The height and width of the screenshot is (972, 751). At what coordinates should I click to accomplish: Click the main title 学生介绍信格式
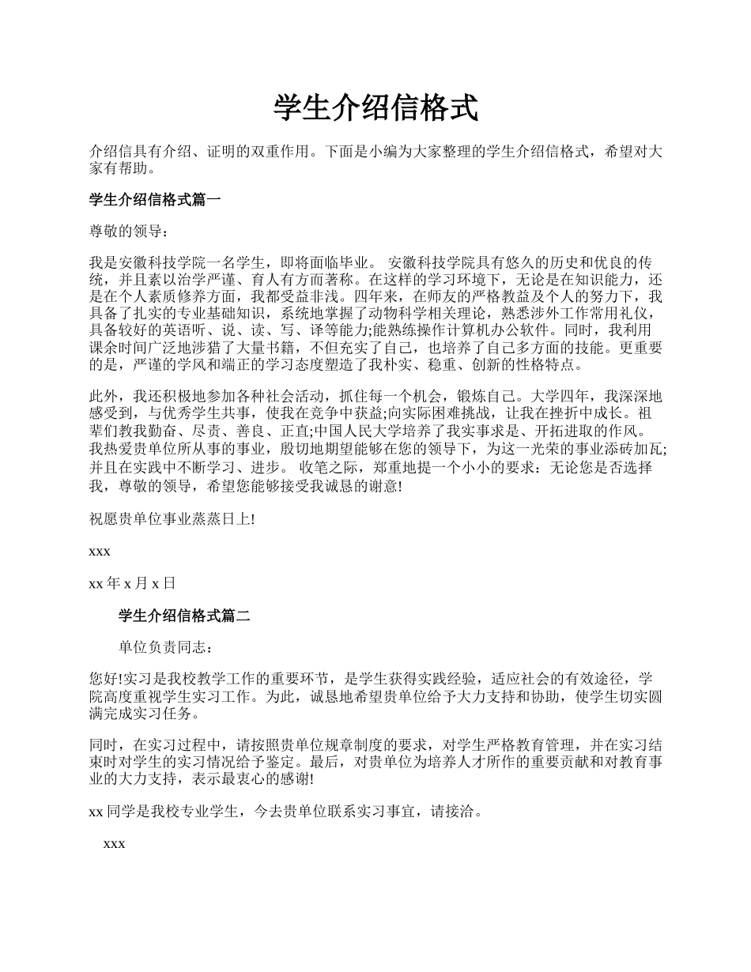(375, 108)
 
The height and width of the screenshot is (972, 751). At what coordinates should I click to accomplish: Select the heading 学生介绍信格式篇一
(155, 200)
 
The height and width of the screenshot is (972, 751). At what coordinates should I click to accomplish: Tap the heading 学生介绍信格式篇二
(184, 616)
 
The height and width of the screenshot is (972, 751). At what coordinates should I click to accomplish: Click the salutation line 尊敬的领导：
(129, 232)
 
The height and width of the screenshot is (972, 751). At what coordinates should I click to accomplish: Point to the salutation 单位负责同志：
(165, 647)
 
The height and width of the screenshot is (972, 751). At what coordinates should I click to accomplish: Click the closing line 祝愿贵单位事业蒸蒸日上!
(172, 519)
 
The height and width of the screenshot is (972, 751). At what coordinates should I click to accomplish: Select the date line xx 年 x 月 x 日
(132, 583)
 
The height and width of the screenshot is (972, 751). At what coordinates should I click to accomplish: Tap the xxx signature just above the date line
(100, 551)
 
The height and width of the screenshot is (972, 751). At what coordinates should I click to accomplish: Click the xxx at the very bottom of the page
(114, 844)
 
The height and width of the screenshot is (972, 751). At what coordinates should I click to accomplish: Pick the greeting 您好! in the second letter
(106, 679)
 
